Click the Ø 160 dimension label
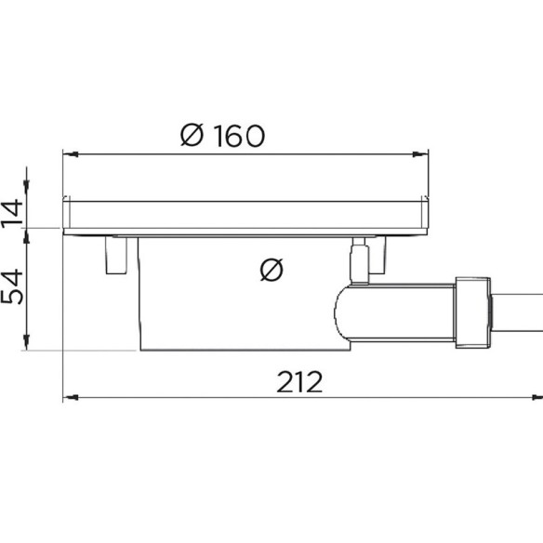point(222,136)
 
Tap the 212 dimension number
point(299,382)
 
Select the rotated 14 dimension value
point(12,213)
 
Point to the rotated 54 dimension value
point(12,287)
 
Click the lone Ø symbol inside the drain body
point(271,270)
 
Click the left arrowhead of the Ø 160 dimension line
point(71,154)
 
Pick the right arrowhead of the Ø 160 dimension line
point(420,154)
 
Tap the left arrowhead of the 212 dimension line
point(71,398)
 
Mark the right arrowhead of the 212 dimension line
point(537,398)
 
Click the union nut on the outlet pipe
point(472,312)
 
